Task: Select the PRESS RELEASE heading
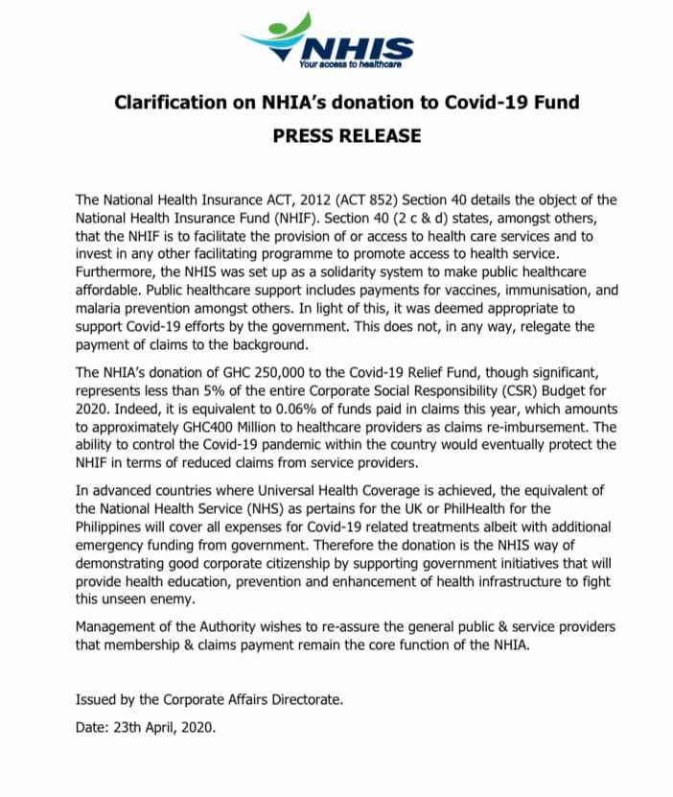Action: click(347, 135)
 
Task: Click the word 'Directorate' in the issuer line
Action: click(302, 699)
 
